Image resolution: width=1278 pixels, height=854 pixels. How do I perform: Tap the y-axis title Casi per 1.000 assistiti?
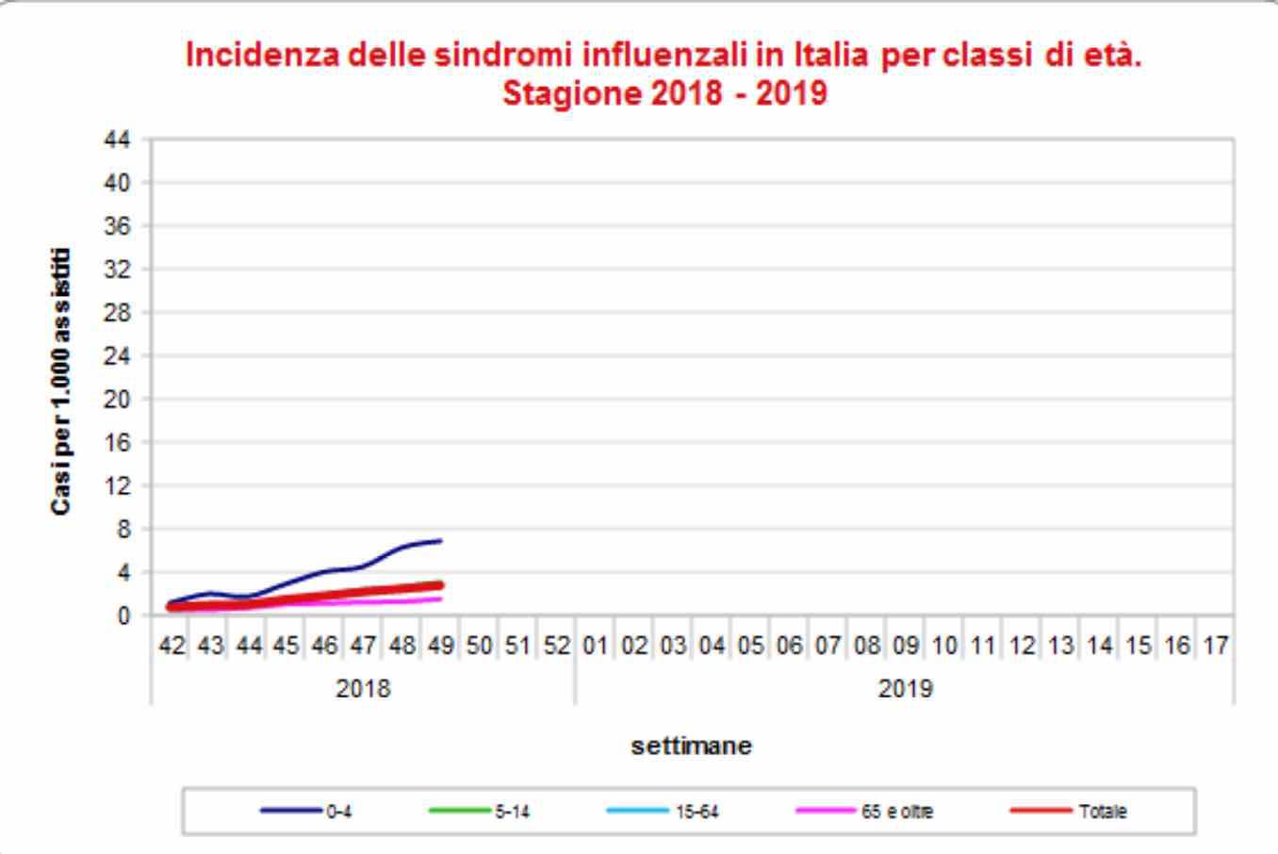(x=61, y=381)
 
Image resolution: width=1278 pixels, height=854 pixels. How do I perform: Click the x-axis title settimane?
(x=691, y=746)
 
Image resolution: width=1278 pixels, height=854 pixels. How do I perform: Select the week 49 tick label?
(x=440, y=646)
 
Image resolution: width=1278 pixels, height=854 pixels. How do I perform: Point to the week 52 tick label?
(x=556, y=646)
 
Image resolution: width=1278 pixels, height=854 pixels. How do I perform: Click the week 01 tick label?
(x=595, y=646)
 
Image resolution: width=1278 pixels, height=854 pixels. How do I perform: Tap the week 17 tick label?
(x=1215, y=646)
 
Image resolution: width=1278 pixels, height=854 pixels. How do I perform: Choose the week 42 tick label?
(x=171, y=646)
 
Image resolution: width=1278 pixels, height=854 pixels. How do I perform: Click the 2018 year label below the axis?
(x=363, y=689)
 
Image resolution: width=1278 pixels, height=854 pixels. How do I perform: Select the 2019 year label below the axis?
(x=905, y=689)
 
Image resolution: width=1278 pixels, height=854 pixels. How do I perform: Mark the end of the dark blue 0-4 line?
(x=440, y=541)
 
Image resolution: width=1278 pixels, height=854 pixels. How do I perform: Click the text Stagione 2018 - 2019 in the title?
(x=664, y=94)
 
